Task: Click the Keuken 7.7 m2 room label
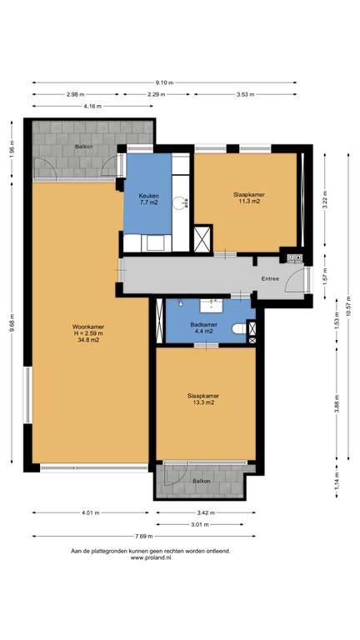point(147,198)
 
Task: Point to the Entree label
point(270,278)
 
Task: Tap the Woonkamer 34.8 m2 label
point(87,333)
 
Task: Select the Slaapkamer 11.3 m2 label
point(247,197)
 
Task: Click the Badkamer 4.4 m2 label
point(203,327)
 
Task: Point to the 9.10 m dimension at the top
point(164,82)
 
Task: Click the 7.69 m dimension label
point(144,536)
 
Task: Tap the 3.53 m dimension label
point(244,94)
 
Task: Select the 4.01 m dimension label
point(90,512)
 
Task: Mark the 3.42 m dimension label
point(205,512)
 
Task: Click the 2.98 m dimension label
point(75,94)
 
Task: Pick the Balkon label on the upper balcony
point(83,146)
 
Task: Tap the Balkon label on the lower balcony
point(202,481)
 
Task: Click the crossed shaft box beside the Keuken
point(203,238)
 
